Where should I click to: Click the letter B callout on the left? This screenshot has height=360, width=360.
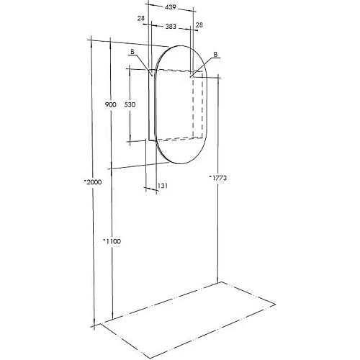tap(133, 52)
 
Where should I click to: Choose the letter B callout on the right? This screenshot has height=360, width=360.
tap(216, 55)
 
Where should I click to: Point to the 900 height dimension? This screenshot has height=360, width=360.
tap(110, 105)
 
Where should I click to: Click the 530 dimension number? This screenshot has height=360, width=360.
tap(130, 105)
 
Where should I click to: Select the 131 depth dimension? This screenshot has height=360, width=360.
tap(163, 186)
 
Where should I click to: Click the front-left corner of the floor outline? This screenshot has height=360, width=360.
tap(100, 323)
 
